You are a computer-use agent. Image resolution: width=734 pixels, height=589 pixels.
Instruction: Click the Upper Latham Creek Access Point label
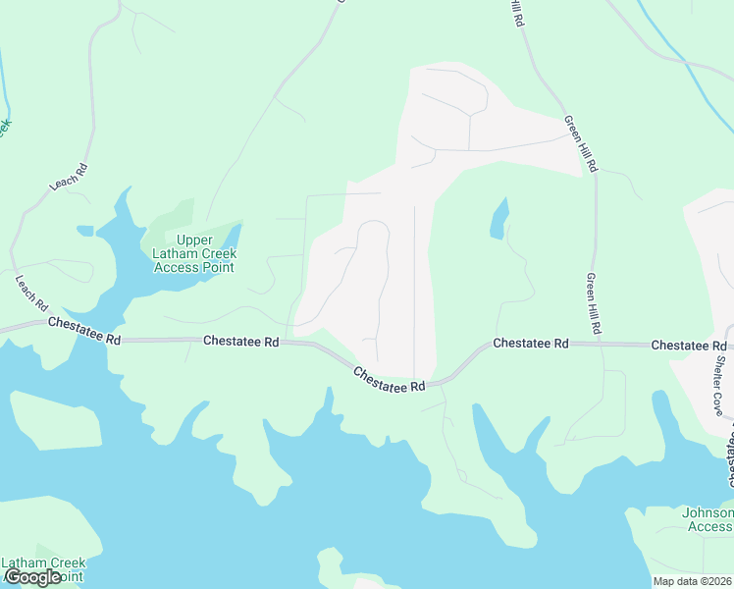(193, 253)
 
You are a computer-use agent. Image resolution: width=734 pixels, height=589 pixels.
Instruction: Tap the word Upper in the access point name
(193, 241)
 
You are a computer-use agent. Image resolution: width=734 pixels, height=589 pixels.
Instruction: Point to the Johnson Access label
(708, 519)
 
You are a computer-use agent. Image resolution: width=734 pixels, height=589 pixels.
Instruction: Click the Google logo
(32, 577)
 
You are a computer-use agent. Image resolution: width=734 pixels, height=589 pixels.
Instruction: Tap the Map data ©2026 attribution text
(692, 581)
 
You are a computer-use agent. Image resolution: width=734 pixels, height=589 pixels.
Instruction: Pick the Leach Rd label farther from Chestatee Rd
(69, 176)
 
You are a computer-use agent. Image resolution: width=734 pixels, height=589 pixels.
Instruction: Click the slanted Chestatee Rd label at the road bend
(389, 380)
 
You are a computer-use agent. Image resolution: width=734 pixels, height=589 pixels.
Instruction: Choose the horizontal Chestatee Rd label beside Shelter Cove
(688, 346)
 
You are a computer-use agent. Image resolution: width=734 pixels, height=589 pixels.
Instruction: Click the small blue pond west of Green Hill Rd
(500, 219)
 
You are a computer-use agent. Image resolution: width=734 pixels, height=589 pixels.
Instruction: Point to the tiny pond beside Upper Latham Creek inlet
(85, 231)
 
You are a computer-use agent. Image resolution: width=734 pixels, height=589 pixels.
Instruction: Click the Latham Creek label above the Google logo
(43, 562)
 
